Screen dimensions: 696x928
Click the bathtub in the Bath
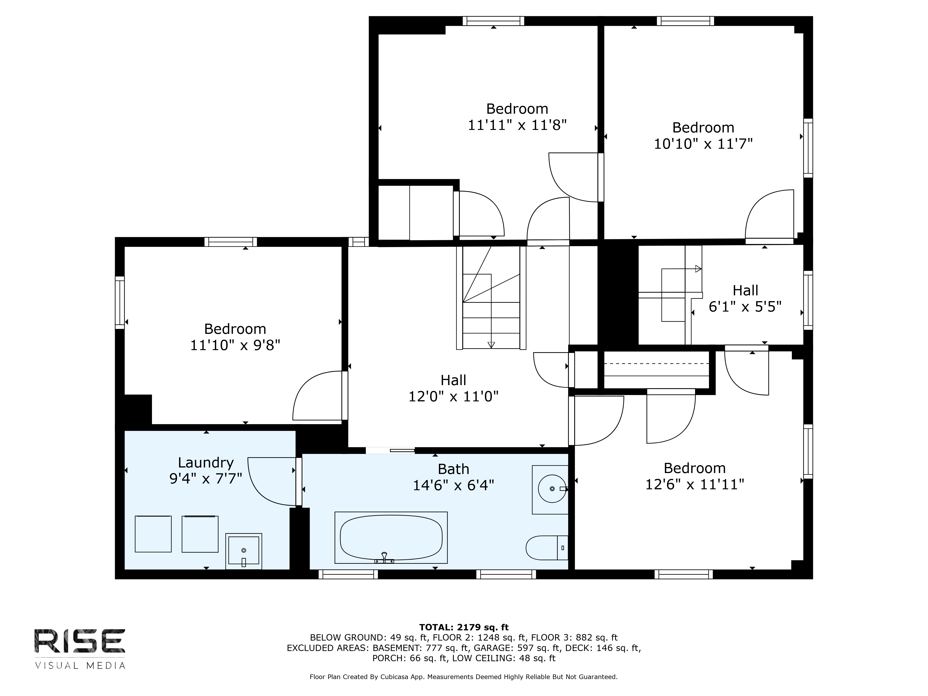coord(391,537)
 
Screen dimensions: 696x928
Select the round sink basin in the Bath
coord(552,489)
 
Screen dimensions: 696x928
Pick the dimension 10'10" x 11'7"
coord(703,144)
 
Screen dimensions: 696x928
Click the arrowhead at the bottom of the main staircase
coord(491,345)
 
